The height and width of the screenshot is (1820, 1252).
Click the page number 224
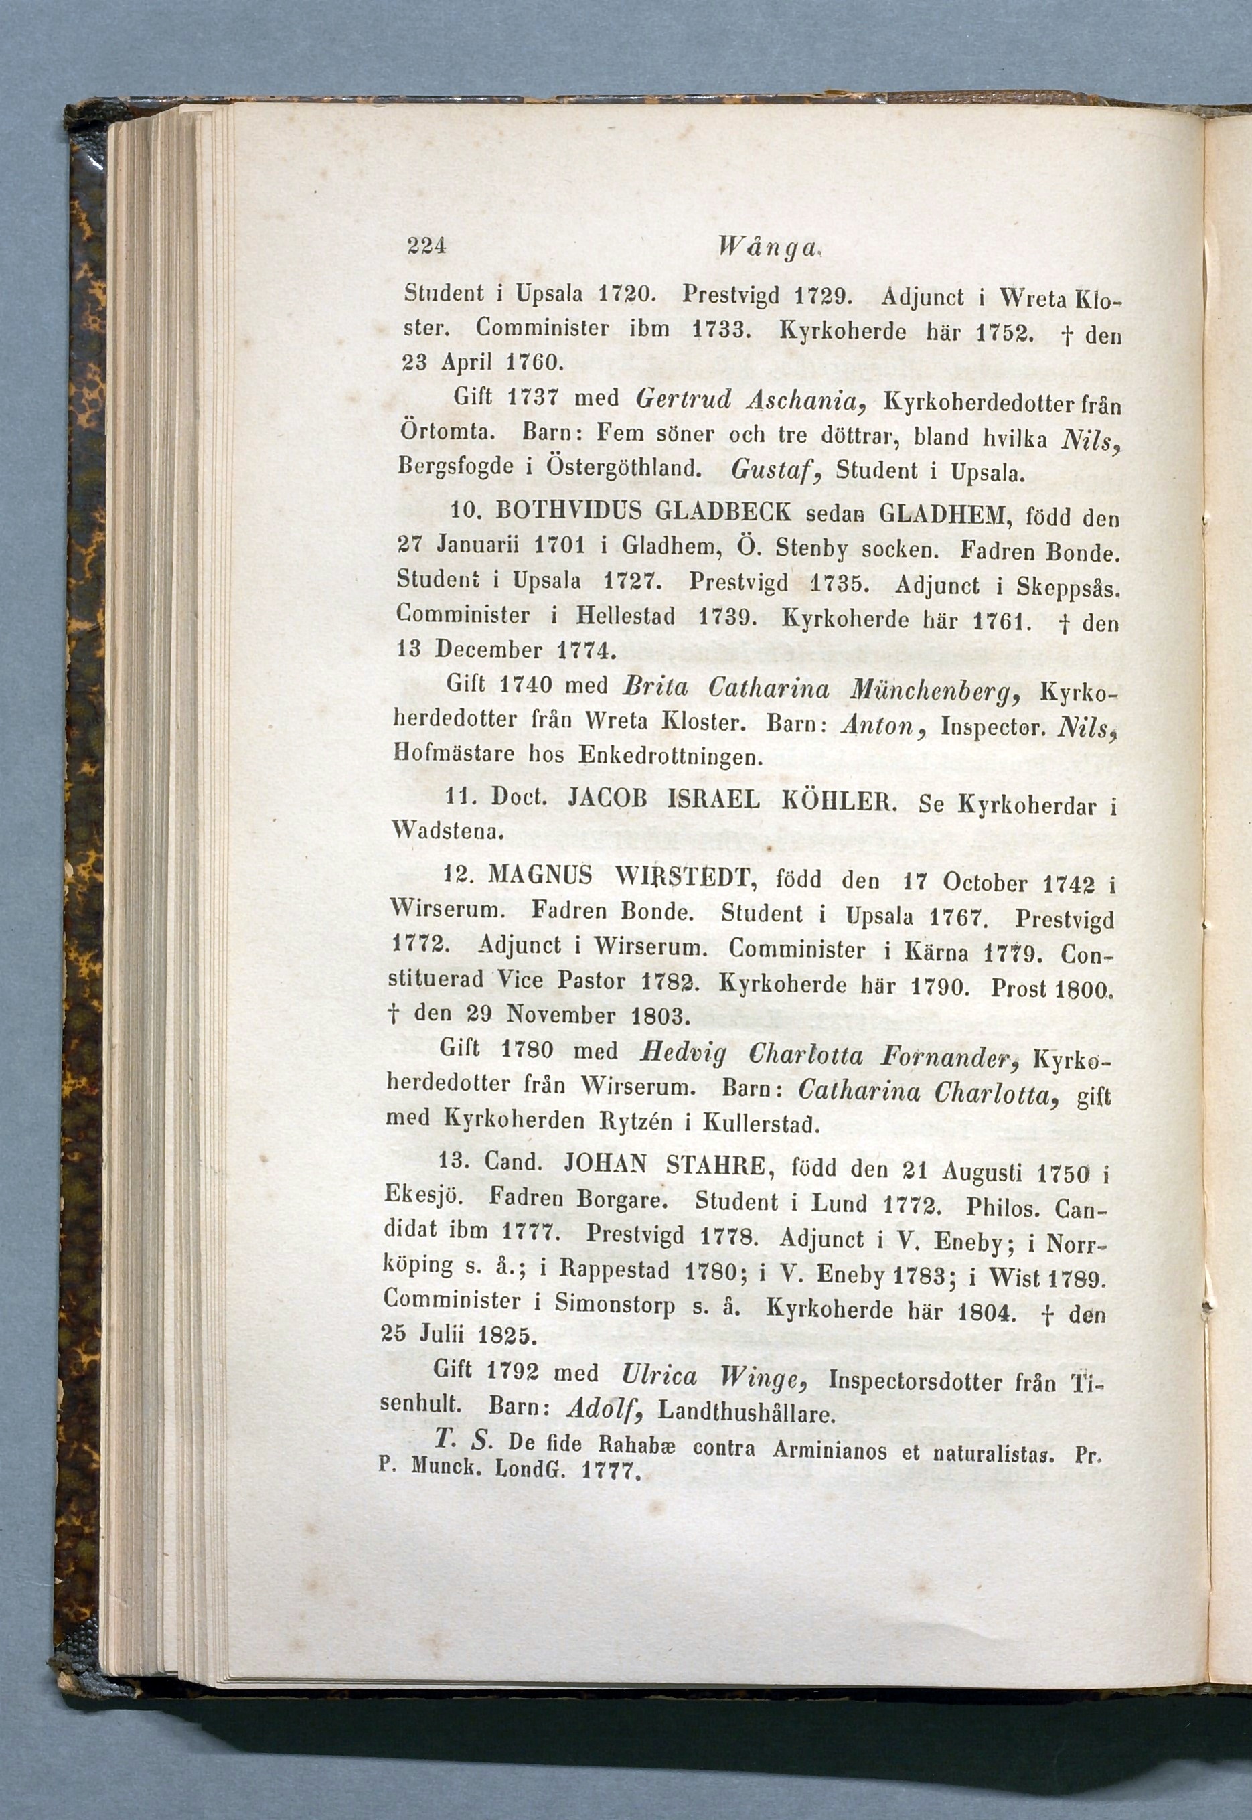pos(426,246)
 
